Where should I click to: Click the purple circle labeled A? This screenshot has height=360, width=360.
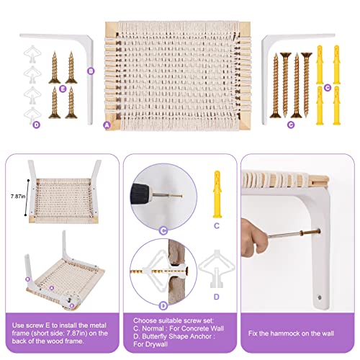click(x=107, y=125)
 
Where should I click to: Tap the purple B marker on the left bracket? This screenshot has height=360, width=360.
click(x=91, y=71)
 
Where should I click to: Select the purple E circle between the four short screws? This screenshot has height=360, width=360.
click(x=63, y=89)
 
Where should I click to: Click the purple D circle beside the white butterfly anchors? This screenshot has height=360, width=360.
click(x=36, y=125)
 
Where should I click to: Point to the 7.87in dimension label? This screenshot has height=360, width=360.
click(x=18, y=197)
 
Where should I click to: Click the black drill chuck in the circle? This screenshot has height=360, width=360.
click(x=140, y=194)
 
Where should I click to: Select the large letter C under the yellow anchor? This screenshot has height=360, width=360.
click(x=217, y=226)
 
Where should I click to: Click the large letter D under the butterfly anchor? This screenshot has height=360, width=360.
click(x=217, y=297)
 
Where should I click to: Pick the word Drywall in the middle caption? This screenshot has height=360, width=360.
click(x=156, y=344)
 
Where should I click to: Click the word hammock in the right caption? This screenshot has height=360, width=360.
click(x=289, y=333)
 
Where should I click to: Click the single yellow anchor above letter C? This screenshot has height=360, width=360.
click(x=217, y=194)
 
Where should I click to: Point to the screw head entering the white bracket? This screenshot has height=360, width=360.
click(x=318, y=232)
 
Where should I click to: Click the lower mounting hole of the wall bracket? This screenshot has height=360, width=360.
click(x=320, y=297)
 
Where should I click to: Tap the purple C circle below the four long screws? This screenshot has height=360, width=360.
click(x=291, y=125)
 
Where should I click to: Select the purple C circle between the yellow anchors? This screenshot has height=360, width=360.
click(x=328, y=88)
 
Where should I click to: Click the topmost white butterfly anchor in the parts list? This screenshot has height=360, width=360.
click(x=32, y=54)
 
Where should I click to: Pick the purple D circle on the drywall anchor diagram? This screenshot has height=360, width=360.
click(x=163, y=306)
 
